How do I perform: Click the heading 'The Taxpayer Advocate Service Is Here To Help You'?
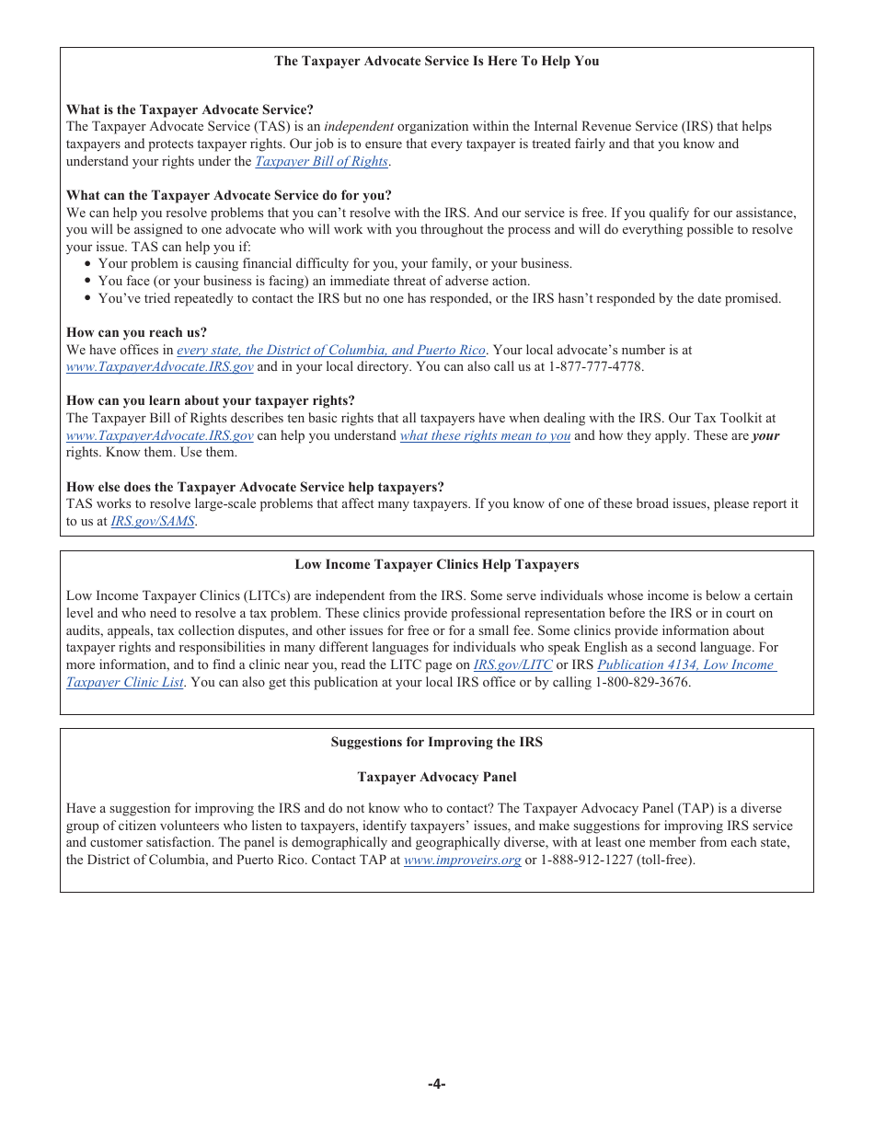(436, 62)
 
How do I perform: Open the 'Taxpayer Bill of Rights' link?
(321, 161)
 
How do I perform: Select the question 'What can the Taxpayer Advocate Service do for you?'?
(228, 195)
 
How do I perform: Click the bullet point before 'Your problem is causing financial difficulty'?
(87, 264)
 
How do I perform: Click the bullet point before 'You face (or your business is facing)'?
(87, 282)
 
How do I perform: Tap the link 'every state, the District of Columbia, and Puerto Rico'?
(330, 350)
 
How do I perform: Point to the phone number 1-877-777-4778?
(595, 366)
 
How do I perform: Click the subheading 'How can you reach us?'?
(136, 332)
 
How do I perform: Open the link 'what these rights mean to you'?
(485, 435)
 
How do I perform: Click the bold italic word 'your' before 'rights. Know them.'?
(765, 435)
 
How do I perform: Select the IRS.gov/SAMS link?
(153, 521)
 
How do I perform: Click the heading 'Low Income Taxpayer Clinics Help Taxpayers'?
(436, 564)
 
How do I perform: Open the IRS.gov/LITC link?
(512, 664)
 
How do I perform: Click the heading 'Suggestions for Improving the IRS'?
(436, 742)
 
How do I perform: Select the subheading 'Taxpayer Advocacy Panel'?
(436, 777)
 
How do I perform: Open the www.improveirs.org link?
(462, 860)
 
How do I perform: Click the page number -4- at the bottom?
(436, 1083)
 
